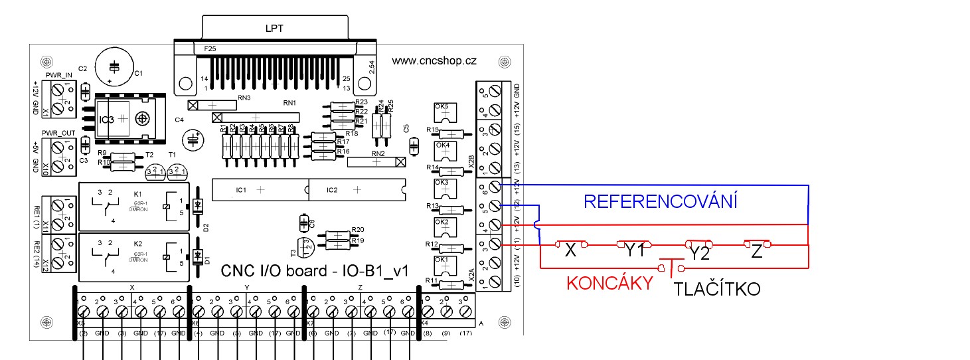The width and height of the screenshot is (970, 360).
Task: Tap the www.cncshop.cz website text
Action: pos(434,60)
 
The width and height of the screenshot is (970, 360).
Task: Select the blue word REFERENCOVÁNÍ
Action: pos(660,201)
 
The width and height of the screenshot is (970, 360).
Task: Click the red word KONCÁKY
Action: pos(609,284)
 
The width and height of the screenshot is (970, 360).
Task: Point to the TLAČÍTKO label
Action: pos(717,289)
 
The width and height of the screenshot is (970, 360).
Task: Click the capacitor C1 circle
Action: pos(115,68)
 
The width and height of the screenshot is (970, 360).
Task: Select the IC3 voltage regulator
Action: pos(125,120)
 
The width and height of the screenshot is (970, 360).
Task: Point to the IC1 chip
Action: pos(259,190)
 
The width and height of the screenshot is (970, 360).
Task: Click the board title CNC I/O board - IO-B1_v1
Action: pos(313,271)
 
